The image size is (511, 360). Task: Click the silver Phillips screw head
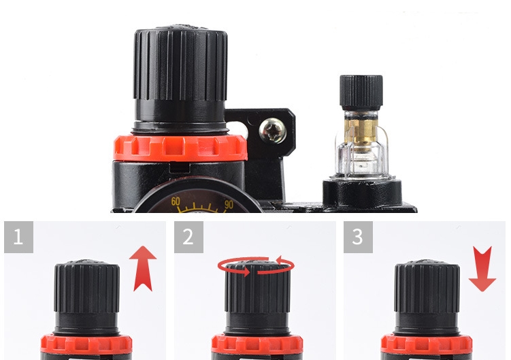coord(273,131)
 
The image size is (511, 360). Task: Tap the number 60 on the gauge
coord(176,201)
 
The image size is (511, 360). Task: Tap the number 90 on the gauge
coord(229,204)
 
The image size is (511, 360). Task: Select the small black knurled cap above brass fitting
coord(361,93)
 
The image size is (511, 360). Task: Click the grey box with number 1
coord(18,237)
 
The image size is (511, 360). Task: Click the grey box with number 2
coord(188,237)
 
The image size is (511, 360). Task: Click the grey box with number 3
coord(358,237)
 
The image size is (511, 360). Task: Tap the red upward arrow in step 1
coord(143,268)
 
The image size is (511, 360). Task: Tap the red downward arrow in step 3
coord(482,269)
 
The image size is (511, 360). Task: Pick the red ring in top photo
coord(180,148)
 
